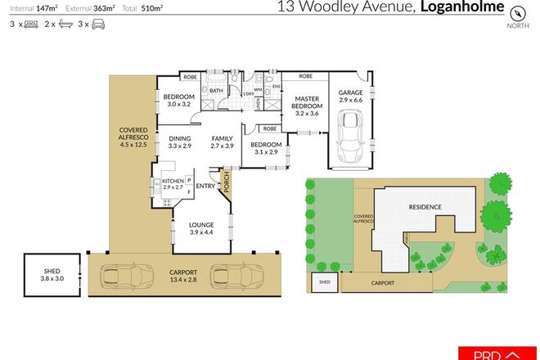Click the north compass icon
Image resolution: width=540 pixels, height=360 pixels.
coord(516,13)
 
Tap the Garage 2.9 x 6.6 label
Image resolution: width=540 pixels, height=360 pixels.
coord(349,97)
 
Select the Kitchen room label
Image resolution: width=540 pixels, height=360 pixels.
coord(173,184)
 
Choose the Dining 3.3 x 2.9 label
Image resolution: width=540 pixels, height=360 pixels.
coord(180,142)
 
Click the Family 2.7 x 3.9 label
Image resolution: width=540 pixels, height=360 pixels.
coord(223,142)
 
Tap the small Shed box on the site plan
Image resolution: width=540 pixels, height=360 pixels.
coord(324,283)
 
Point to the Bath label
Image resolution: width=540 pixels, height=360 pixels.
coord(216,91)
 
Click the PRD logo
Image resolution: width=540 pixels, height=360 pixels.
coord(499,353)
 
